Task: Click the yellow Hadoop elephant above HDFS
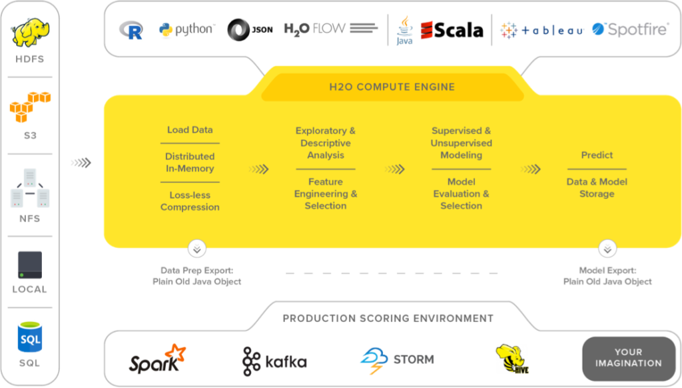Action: [31, 33]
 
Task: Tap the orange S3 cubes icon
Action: [30, 107]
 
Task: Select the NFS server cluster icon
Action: [30, 188]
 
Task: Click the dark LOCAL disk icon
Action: [30, 265]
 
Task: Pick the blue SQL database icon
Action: [30, 337]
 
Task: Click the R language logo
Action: [131, 30]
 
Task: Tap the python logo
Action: [186, 30]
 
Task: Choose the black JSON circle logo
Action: [250, 30]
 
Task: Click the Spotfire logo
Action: [630, 29]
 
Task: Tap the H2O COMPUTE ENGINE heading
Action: [392, 87]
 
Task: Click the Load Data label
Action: [190, 130]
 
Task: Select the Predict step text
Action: [597, 155]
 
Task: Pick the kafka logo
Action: [274, 361]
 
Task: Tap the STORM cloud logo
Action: [397, 360]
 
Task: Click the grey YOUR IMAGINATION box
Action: [628, 358]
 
